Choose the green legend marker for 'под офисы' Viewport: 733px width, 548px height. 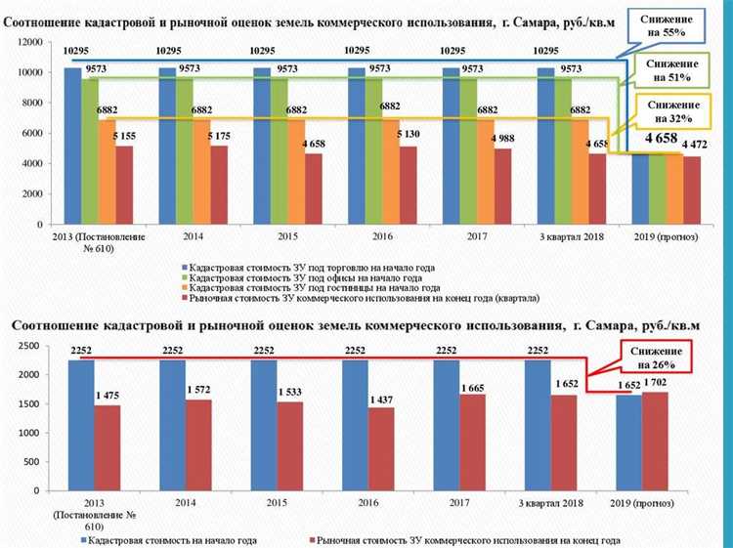pos(183,277)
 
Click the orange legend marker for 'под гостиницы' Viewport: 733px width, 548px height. pos(183,287)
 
